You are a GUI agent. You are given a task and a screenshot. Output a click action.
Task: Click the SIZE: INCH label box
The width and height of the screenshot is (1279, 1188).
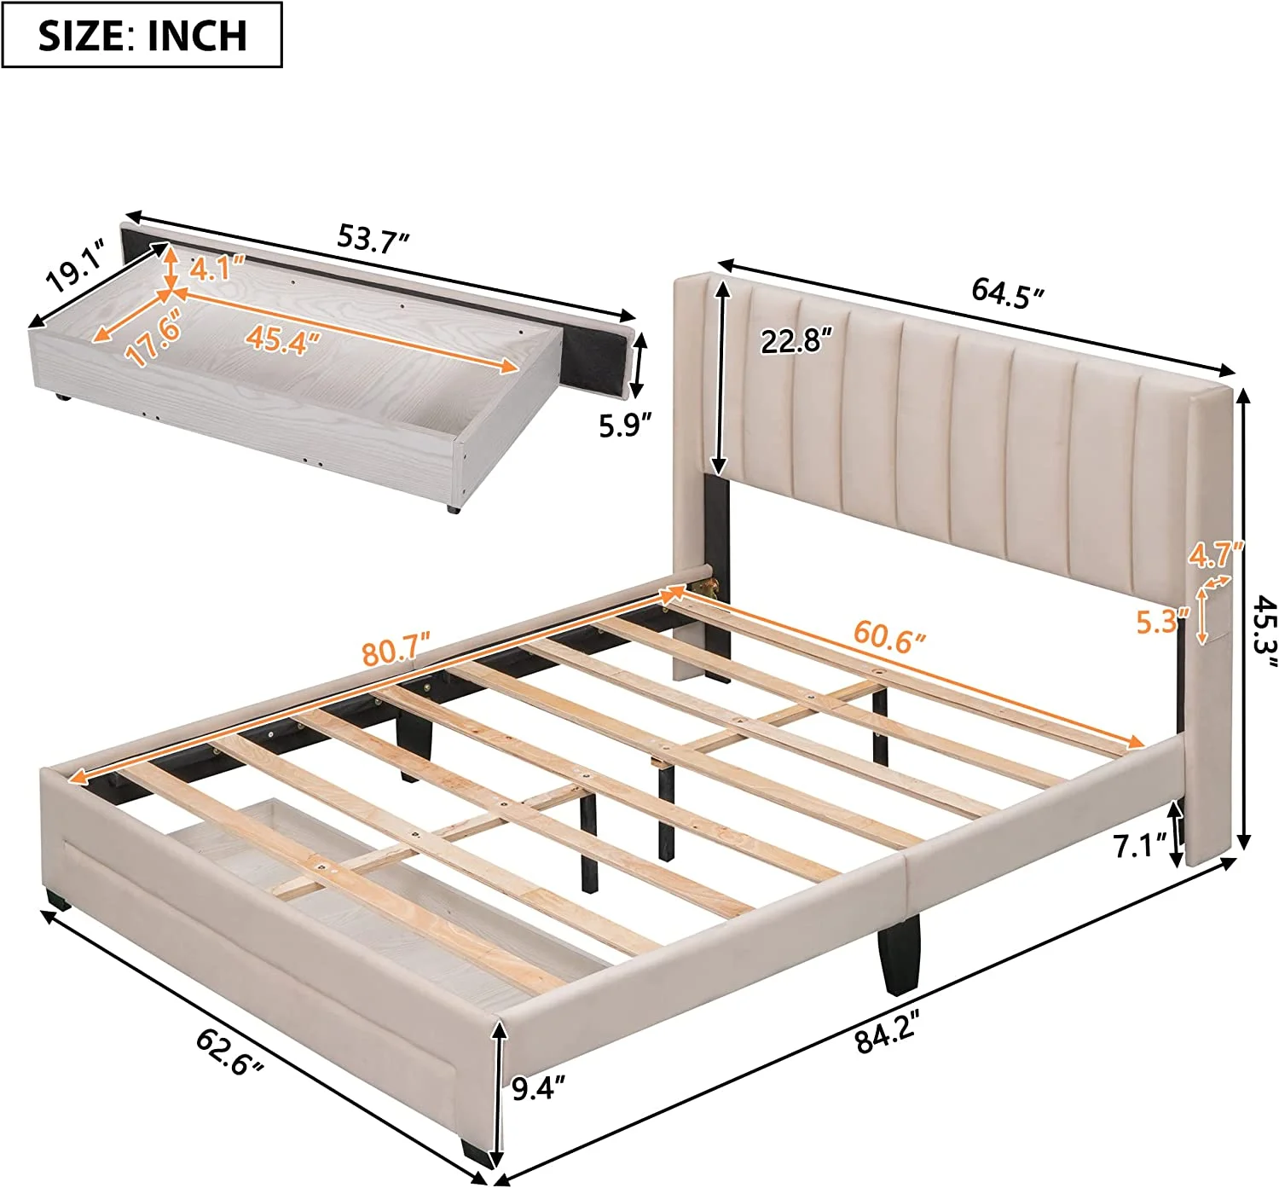click(142, 35)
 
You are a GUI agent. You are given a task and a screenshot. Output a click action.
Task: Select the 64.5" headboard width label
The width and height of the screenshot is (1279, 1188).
click(1007, 293)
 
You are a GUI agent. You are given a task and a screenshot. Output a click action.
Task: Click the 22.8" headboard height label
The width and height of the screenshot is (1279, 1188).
click(795, 342)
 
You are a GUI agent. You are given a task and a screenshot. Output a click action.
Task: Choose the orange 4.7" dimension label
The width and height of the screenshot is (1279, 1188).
click(1217, 554)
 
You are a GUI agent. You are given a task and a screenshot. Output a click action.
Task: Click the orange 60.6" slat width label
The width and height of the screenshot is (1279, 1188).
click(888, 636)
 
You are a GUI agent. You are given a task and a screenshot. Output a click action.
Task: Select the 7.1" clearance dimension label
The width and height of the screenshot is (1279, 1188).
click(1141, 846)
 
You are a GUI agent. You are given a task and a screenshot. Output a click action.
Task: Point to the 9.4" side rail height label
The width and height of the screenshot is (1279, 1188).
click(539, 1088)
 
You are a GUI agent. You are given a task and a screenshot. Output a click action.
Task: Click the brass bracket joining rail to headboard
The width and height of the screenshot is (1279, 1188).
click(708, 588)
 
